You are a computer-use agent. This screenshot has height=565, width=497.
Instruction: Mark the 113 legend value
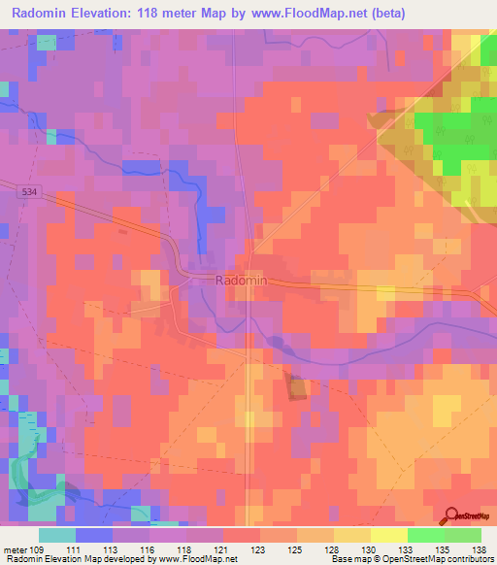[123, 549]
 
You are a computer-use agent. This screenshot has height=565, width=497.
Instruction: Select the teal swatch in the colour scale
[57, 535]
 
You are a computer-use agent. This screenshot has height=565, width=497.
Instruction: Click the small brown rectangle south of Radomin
[295, 385]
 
